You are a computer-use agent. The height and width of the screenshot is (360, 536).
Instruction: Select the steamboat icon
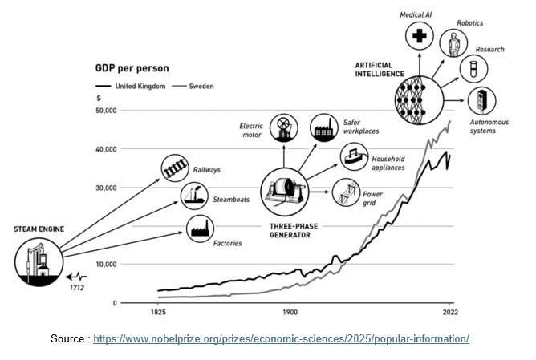point(194,195)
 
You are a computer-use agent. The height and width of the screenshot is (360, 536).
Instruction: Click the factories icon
point(200,229)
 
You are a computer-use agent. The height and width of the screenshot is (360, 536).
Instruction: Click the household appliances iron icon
point(353,156)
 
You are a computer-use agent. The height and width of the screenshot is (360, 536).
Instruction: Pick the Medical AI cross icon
point(419,35)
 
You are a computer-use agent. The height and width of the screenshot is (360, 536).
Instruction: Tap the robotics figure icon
point(453,41)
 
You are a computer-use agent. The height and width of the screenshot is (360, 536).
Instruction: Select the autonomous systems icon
point(481,102)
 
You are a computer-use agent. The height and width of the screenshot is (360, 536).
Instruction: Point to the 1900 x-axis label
point(290,310)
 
